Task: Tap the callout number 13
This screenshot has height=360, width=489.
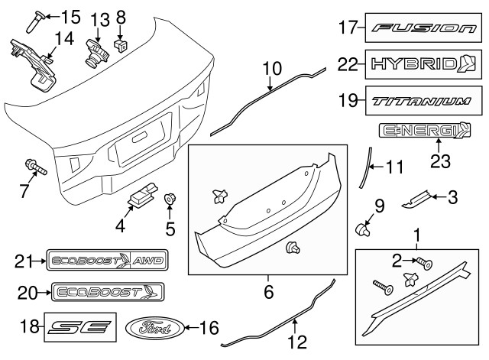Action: tap(99, 18)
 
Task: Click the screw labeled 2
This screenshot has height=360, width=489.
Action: tap(426, 264)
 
